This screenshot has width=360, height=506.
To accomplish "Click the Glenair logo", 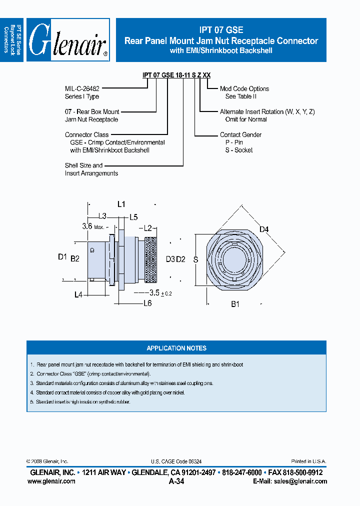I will pyautogui.click(x=68, y=40).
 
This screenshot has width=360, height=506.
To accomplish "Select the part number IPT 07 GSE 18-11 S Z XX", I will pyautogui.click(x=176, y=75).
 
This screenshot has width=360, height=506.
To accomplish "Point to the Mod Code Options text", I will pyautogui.click(x=244, y=88).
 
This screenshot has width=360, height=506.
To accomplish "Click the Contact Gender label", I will pyautogui.click(x=240, y=134).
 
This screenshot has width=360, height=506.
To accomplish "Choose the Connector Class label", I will pyautogui.click(x=86, y=134).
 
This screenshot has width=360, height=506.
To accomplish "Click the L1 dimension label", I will pyautogui.click(x=121, y=204).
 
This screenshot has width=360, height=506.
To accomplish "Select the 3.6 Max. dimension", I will pyautogui.click(x=92, y=226).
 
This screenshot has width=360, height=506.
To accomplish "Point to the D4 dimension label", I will pyautogui.click(x=264, y=229).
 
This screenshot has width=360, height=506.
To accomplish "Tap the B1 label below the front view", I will pyautogui.click(x=235, y=303).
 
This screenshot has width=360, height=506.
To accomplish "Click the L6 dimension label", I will pyautogui.click(x=147, y=303).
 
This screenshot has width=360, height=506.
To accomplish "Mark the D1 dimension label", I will pyautogui.click(x=62, y=257).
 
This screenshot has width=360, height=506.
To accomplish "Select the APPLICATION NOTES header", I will pyautogui.click(x=176, y=348).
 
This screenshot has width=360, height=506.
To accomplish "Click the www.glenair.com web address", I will pyautogui.click(x=51, y=481).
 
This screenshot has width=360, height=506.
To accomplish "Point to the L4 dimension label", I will pyautogui.click(x=78, y=295).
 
